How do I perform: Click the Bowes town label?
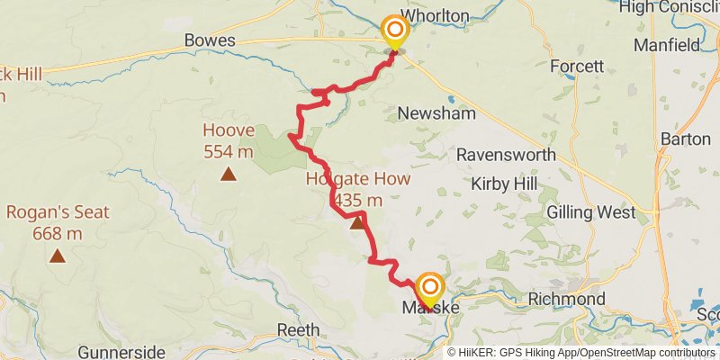[x=210, y=40]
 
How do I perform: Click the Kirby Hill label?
[x=504, y=184]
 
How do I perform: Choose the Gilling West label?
[x=591, y=213]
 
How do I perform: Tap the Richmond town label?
[x=566, y=298]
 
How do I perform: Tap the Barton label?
[x=686, y=139]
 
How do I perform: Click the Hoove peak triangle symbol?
[x=229, y=174]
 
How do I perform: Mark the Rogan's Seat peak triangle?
[x=58, y=256]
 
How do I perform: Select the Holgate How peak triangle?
[x=357, y=221]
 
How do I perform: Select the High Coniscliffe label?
[x=670, y=6]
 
